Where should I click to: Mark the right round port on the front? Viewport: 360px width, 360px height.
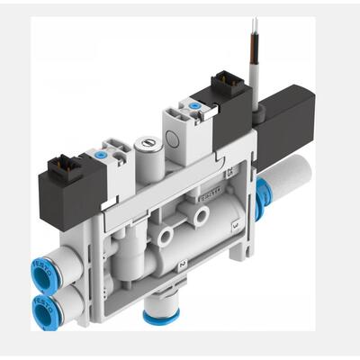(x=202, y=216)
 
